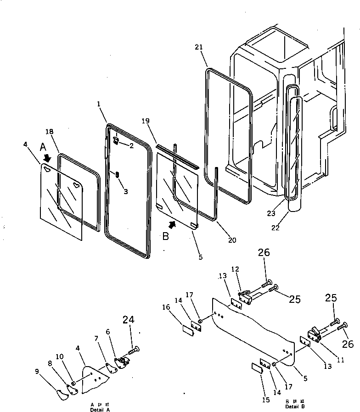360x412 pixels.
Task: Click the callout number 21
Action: pos(198,48)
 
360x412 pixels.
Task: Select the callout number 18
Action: pos(50,132)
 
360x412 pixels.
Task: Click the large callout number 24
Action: pos(129,320)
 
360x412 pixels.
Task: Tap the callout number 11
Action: pos(340,360)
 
